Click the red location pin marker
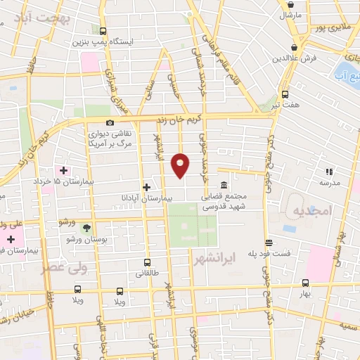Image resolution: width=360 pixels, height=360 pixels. tap(181, 164)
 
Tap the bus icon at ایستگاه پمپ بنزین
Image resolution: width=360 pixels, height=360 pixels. tap(103, 31)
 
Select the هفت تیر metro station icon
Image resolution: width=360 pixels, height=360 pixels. tap(285, 94)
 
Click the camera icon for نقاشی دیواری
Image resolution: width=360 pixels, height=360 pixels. tap(110, 123)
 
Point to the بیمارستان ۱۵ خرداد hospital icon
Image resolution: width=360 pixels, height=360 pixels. tap(64, 170)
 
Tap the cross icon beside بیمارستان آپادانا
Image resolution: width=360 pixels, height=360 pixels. tap(146, 187)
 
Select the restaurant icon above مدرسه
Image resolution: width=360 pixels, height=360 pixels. tap(328, 171)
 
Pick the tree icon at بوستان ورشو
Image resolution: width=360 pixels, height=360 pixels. tap(86, 229)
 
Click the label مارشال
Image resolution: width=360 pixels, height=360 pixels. tap(290, 15)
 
